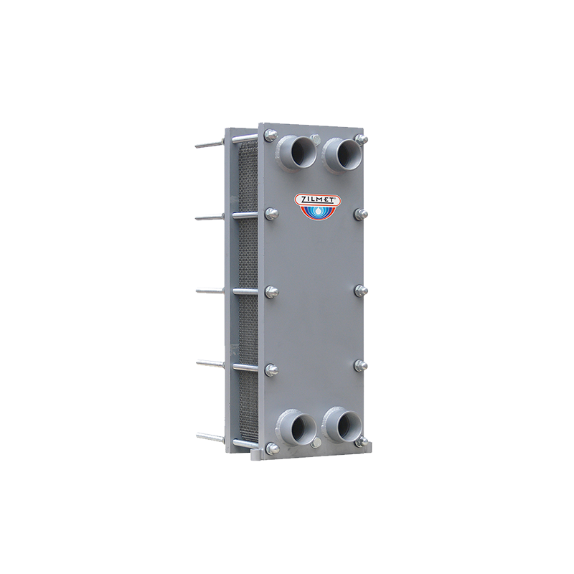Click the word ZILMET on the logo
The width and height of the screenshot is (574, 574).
click(x=318, y=199)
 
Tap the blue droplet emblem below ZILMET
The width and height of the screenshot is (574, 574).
click(x=318, y=212)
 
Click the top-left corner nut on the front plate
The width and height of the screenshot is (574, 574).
click(x=270, y=135)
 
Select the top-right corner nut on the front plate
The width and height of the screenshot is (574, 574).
click(x=362, y=138)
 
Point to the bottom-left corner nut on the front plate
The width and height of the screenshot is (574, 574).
click(x=272, y=447)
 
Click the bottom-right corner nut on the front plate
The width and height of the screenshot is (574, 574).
click(x=362, y=442)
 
